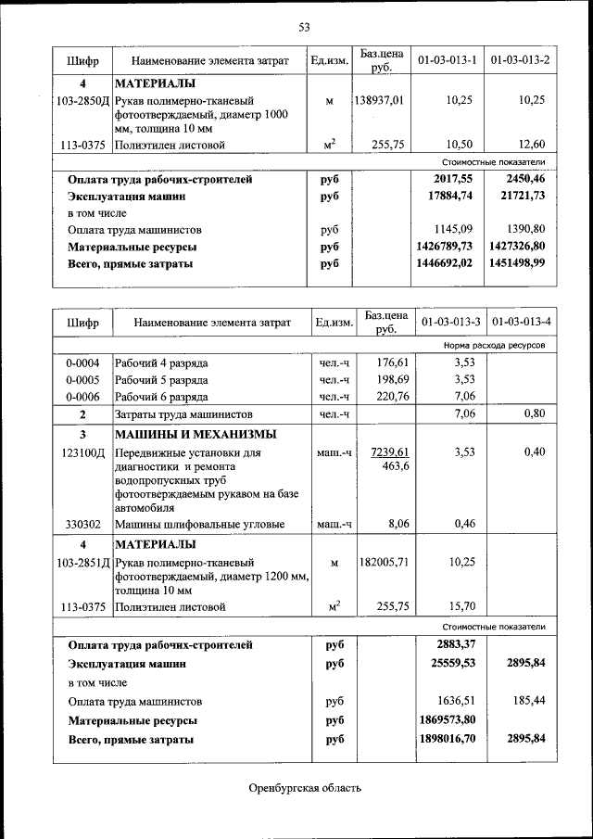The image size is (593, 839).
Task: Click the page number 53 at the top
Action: [304, 27]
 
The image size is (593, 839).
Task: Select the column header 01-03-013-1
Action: [448, 60]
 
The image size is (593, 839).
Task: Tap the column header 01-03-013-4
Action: [522, 322]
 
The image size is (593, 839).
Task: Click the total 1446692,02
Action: [446, 263]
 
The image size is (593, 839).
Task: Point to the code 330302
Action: [82, 524]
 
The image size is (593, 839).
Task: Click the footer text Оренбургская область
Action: [304, 788]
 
